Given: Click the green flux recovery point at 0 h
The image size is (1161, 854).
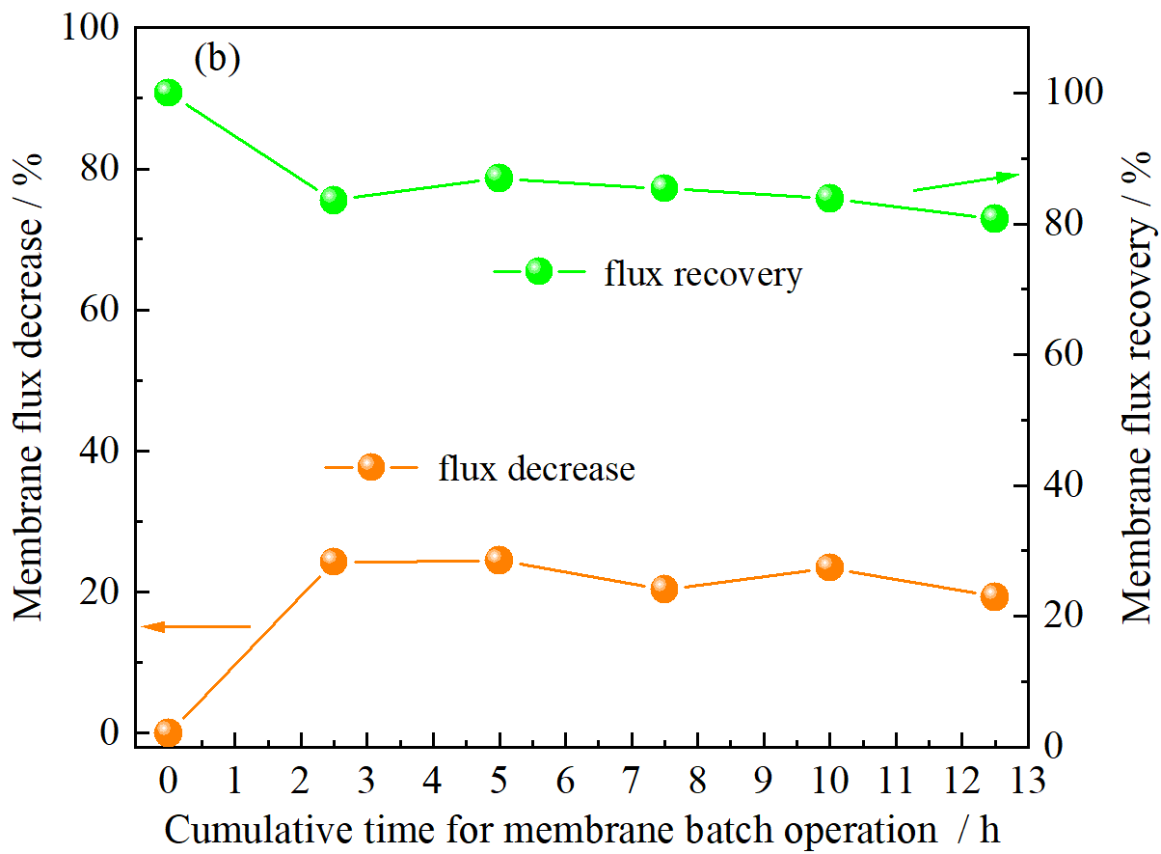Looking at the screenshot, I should point(169,93).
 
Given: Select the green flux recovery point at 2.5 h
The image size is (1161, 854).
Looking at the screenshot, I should point(334,200).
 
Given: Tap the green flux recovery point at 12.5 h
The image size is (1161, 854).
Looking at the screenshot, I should point(994,218).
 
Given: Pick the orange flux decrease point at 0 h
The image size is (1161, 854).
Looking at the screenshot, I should point(169,731).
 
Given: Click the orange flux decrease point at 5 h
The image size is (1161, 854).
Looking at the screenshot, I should point(499,559).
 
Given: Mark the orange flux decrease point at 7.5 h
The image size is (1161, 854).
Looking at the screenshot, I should point(664,588).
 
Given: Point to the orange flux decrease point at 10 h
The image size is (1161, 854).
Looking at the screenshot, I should point(829,566).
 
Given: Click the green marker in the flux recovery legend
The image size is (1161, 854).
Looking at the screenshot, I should point(539,271).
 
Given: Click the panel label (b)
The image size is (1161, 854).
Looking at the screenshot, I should point(216,59).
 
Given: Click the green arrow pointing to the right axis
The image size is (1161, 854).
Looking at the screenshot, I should point(965,183).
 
